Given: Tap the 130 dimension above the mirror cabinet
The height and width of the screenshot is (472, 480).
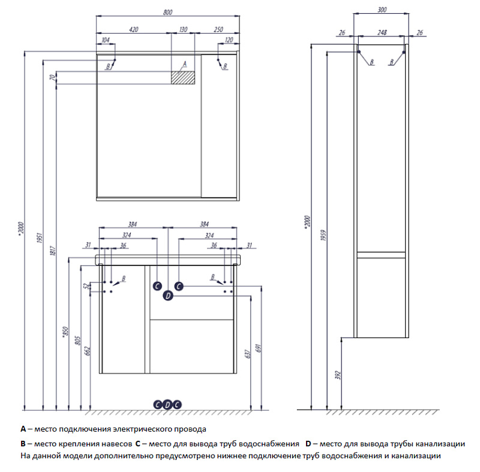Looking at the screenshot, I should pos(184,29).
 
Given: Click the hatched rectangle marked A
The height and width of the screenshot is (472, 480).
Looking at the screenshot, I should pos(184,77).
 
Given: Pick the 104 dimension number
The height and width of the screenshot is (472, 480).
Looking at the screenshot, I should pos(106,40).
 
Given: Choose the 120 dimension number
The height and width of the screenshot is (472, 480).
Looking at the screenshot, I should pos(229,40).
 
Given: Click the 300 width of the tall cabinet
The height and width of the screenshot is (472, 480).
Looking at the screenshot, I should pos(382,10).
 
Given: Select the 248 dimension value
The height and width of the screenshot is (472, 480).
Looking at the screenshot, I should pos(382,32).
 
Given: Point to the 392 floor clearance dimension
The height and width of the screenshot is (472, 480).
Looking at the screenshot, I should pos(338,375).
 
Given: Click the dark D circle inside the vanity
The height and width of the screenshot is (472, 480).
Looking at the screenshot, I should pos(168,295).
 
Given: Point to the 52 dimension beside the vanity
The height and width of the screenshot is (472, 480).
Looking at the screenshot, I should pos(86,286).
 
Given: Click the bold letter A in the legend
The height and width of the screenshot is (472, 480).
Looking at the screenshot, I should pos(23,429).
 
